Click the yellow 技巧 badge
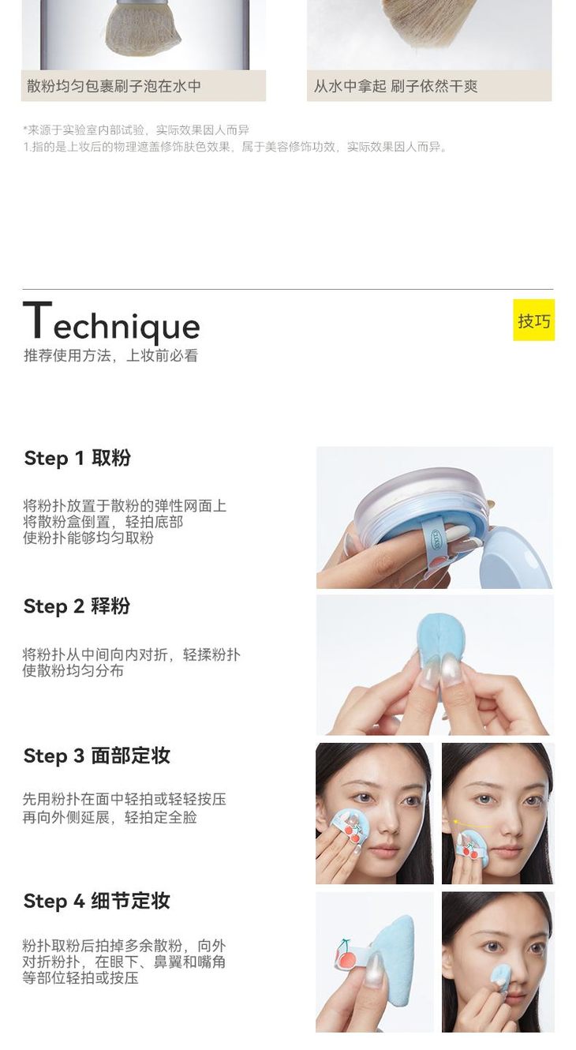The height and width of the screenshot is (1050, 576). click(533, 321)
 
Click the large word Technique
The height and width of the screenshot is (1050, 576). click(111, 322)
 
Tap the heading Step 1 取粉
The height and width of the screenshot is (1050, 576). click(77, 459)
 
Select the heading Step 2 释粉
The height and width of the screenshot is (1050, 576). click(77, 606)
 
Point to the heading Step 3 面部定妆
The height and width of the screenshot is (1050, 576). click(96, 756)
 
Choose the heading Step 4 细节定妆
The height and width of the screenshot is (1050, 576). click(96, 901)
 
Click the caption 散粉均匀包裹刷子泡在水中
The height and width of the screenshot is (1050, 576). click(114, 86)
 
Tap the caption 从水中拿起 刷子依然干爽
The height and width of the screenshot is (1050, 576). click(395, 86)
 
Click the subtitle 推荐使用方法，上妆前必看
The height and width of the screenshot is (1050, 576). click(110, 356)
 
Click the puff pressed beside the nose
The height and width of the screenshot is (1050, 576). click(502, 980)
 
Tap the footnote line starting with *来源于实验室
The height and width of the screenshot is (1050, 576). click(137, 129)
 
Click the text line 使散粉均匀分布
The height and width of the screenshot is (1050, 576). click(73, 670)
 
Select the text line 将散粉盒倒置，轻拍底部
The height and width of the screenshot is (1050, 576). click(103, 522)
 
